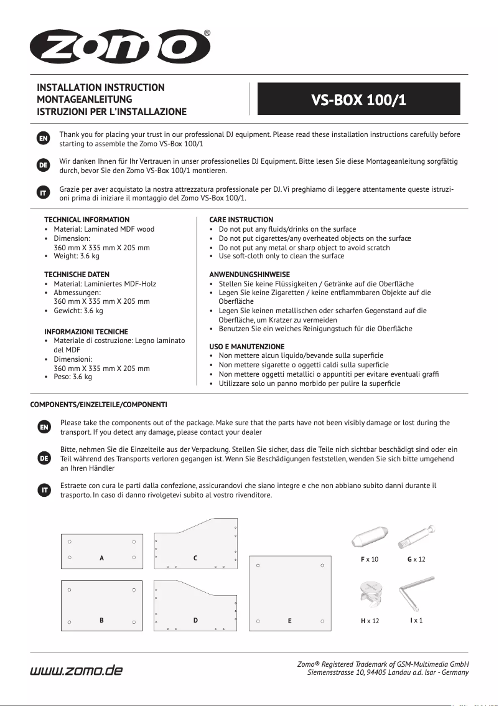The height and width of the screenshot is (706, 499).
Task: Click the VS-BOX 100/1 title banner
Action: click(359, 99)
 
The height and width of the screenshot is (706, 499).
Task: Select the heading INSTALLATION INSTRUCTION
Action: click(101, 88)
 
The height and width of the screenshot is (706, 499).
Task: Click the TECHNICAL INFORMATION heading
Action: click(86, 220)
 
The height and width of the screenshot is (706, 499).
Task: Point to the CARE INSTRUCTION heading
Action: click(241, 220)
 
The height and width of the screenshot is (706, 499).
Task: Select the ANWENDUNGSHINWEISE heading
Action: click(249, 275)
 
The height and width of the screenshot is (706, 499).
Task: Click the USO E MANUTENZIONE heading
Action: click(246, 347)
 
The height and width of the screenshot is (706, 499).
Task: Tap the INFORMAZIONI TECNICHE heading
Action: click(86, 332)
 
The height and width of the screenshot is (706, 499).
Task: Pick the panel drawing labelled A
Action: click(102, 551)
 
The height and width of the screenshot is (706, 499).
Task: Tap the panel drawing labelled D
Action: click(195, 606)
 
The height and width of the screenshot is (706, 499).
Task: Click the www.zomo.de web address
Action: click(77, 670)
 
